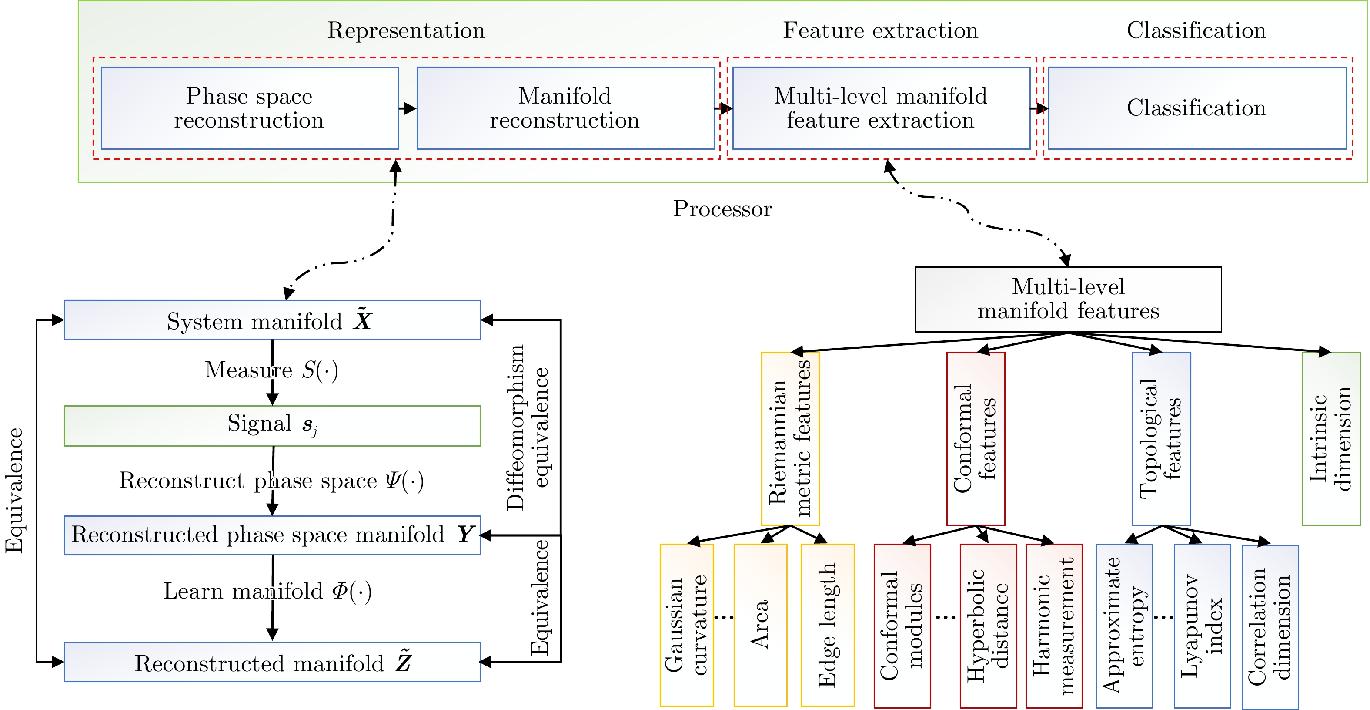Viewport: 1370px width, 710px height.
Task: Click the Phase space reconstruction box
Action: pyautogui.click(x=250, y=108)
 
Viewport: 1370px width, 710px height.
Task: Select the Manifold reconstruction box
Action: pyautogui.click(x=565, y=108)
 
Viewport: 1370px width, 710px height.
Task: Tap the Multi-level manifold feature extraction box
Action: pyautogui.click(x=881, y=108)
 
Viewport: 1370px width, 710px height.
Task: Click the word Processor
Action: pyautogui.click(x=722, y=209)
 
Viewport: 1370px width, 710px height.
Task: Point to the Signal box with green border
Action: pyautogui.click(x=272, y=426)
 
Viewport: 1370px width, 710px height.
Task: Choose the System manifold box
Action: pyautogui.click(x=272, y=320)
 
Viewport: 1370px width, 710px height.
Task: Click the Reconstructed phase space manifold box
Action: pyautogui.click(x=272, y=535)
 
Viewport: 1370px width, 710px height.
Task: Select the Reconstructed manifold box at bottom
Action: pyautogui.click(x=272, y=662)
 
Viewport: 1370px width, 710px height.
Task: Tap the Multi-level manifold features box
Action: pyautogui.click(x=1068, y=299)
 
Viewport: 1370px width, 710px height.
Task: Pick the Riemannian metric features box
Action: pyautogui.click(x=790, y=438)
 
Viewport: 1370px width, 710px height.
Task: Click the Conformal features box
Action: pyautogui.click(x=976, y=438)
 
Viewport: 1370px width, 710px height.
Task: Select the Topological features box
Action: pyautogui.click(x=1161, y=438)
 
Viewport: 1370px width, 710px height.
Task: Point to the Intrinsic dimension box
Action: pyautogui.click(x=1331, y=438)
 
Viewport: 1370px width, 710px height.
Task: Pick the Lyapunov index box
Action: pyautogui.click(x=1202, y=626)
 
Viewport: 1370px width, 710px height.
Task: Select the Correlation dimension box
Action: pyautogui.click(x=1270, y=626)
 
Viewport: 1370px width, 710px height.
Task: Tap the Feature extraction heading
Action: pyautogui.click(x=880, y=30)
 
